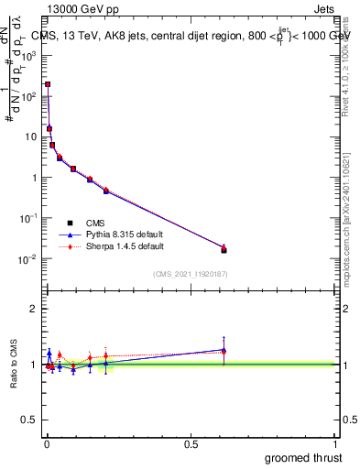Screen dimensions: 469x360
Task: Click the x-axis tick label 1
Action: [x=335, y=442]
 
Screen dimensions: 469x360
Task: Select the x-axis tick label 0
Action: [x=46, y=442]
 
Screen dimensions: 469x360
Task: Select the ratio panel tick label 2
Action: [x=35, y=309]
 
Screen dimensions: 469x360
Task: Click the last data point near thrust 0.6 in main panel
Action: [x=224, y=249]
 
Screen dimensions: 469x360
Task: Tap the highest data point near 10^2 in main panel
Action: [x=48, y=84]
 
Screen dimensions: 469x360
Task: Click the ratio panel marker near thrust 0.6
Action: [x=224, y=350]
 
